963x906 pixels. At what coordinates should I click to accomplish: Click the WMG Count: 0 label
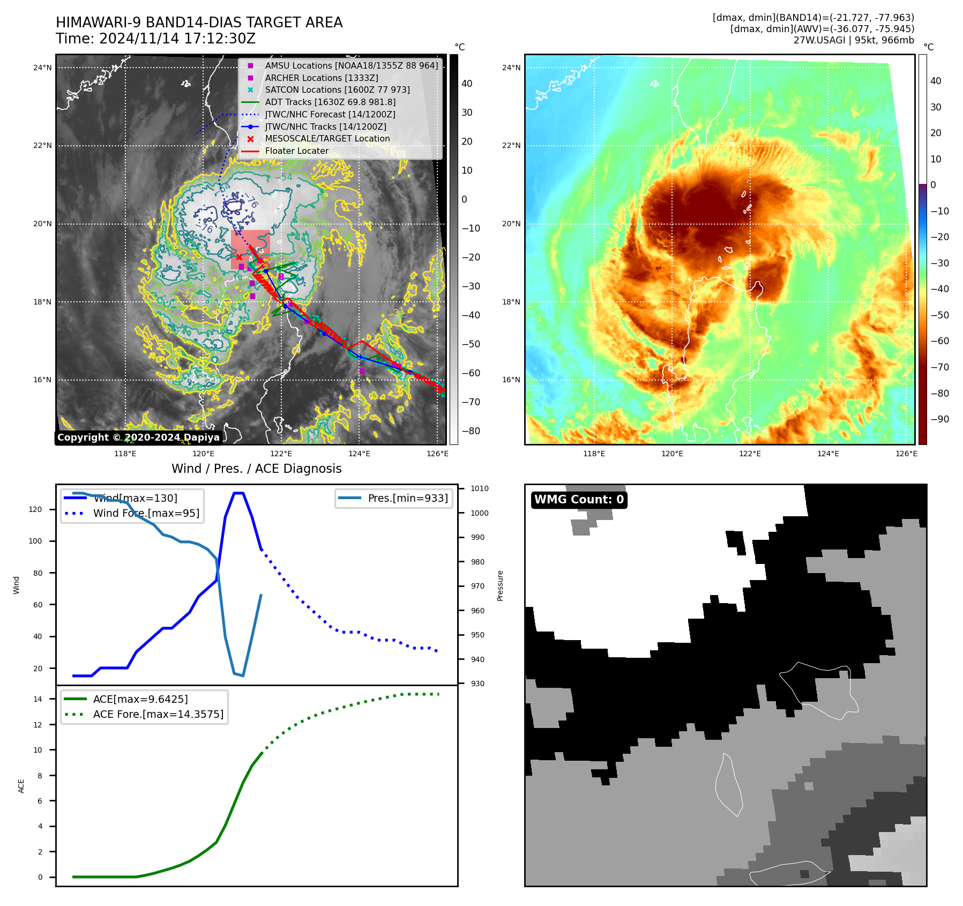pyautogui.click(x=579, y=500)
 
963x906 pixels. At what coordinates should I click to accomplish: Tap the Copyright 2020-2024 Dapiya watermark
pyautogui.click(x=138, y=437)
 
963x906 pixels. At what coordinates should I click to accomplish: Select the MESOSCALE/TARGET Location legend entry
pyautogui.click(x=327, y=139)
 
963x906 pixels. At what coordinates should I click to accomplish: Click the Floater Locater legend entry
pyautogui.click(x=296, y=151)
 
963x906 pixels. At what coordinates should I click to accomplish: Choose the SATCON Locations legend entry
pyautogui.click(x=337, y=90)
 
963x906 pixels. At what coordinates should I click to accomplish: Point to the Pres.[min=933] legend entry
pyautogui.click(x=407, y=498)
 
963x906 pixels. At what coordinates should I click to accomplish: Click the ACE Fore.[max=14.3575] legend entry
pyautogui.click(x=158, y=714)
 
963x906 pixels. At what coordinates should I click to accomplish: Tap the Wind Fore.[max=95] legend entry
pyautogui.click(x=146, y=514)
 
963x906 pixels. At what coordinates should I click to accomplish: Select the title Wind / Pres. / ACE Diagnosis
pyautogui.click(x=256, y=469)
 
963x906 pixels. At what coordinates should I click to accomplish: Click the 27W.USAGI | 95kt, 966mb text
pyautogui.click(x=854, y=40)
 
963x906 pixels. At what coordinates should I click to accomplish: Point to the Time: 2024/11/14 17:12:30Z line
pyautogui.click(x=155, y=39)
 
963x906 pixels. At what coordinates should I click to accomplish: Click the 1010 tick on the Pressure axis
pyautogui.click(x=480, y=489)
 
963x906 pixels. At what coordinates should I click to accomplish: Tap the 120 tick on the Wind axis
pyautogui.click(x=35, y=510)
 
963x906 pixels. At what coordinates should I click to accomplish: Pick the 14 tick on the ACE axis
pyautogui.click(x=38, y=699)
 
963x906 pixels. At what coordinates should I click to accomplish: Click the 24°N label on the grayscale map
pyautogui.click(x=42, y=68)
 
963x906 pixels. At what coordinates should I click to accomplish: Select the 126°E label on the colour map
pyautogui.click(x=906, y=454)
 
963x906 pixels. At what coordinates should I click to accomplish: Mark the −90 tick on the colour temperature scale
pyautogui.click(x=939, y=420)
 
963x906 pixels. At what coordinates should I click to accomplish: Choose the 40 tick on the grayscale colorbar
pyautogui.click(x=467, y=84)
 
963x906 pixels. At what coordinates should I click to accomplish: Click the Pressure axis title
pyautogui.click(x=501, y=585)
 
